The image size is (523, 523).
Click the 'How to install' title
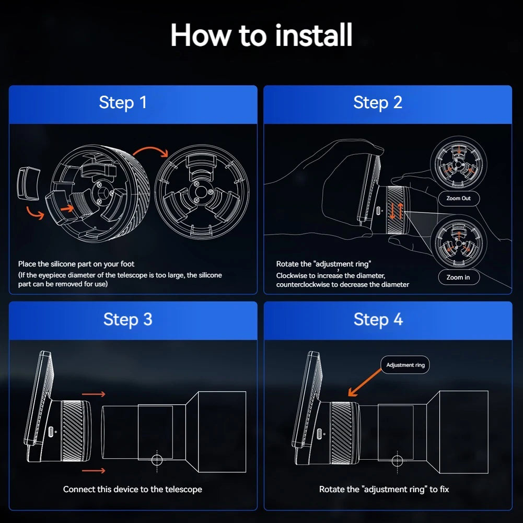pyautogui.click(x=261, y=35)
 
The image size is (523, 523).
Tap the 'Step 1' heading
pyautogui.click(x=123, y=103)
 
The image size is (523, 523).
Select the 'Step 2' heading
pyautogui.click(x=378, y=103)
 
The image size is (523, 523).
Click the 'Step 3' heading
pyautogui.click(x=128, y=320)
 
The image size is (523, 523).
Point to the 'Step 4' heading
pyautogui.click(x=378, y=320)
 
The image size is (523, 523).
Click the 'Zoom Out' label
pyautogui.click(x=459, y=199)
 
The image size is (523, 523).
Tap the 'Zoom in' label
pyautogui.click(x=459, y=277)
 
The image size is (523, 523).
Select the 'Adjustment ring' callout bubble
pyautogui.click(x=405, y=365)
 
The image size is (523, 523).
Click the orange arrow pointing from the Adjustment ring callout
pyautogui.click(x=365, y=382)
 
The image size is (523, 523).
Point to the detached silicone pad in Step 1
pyautogui.click(x=28, y=183)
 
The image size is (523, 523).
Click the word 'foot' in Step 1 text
pyautogui.click(x=127, y=264)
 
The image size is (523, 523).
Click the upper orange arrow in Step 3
pyautogui.click(x=94, y=394)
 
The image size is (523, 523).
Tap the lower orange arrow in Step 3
pyautogui.click(x=94, y=471)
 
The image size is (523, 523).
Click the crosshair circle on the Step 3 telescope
pyautogui.click(x=157, y=460)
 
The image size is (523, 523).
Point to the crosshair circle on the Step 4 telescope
pyautogui.click(x=397, y=461)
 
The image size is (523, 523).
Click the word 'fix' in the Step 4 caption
pyautogui.click(x=444, y=490)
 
